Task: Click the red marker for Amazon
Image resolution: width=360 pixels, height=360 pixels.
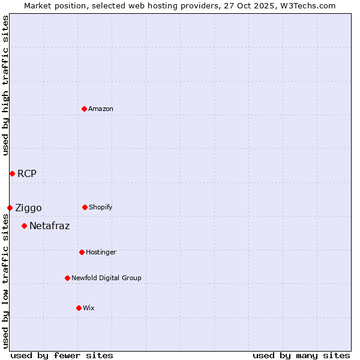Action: click(x=84, y=109)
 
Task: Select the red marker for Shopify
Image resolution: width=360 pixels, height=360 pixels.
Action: click(x=85, y=207)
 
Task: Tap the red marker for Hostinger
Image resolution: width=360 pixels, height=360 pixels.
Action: click(x=82, y=252)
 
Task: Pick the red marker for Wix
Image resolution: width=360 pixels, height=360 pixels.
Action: click(x=79, y=308)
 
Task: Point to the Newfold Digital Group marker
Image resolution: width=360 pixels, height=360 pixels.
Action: click(x=67, y=278)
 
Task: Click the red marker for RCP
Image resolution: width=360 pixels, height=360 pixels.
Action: click(x=12, y=173)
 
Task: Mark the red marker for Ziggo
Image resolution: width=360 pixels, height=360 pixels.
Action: click(x=10, y=208)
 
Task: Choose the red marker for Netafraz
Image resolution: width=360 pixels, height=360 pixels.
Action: click(x=24, y=226)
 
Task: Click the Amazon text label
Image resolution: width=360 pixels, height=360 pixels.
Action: click(x=101, y=109)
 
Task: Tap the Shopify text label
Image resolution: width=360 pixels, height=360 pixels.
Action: click(x=101, y=207)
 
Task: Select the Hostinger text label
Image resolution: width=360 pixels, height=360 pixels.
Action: click(x=101, y=252)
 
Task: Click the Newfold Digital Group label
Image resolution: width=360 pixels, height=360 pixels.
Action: click(x=106, y=278)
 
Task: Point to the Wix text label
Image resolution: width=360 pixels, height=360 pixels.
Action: click(x=89, y=308)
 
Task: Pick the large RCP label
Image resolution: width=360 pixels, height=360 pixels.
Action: click(x=27, y=174)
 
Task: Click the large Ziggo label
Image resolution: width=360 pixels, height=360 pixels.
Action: click(x=28, y=208)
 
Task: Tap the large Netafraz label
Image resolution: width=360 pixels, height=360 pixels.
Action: click(x=49, y=226)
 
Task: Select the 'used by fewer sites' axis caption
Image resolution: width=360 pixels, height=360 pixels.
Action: click(x=62, y=355)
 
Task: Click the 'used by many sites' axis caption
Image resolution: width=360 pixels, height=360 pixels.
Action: click(x=301, y=355)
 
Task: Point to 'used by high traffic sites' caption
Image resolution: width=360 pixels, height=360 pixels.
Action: click(x=5, y=85)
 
